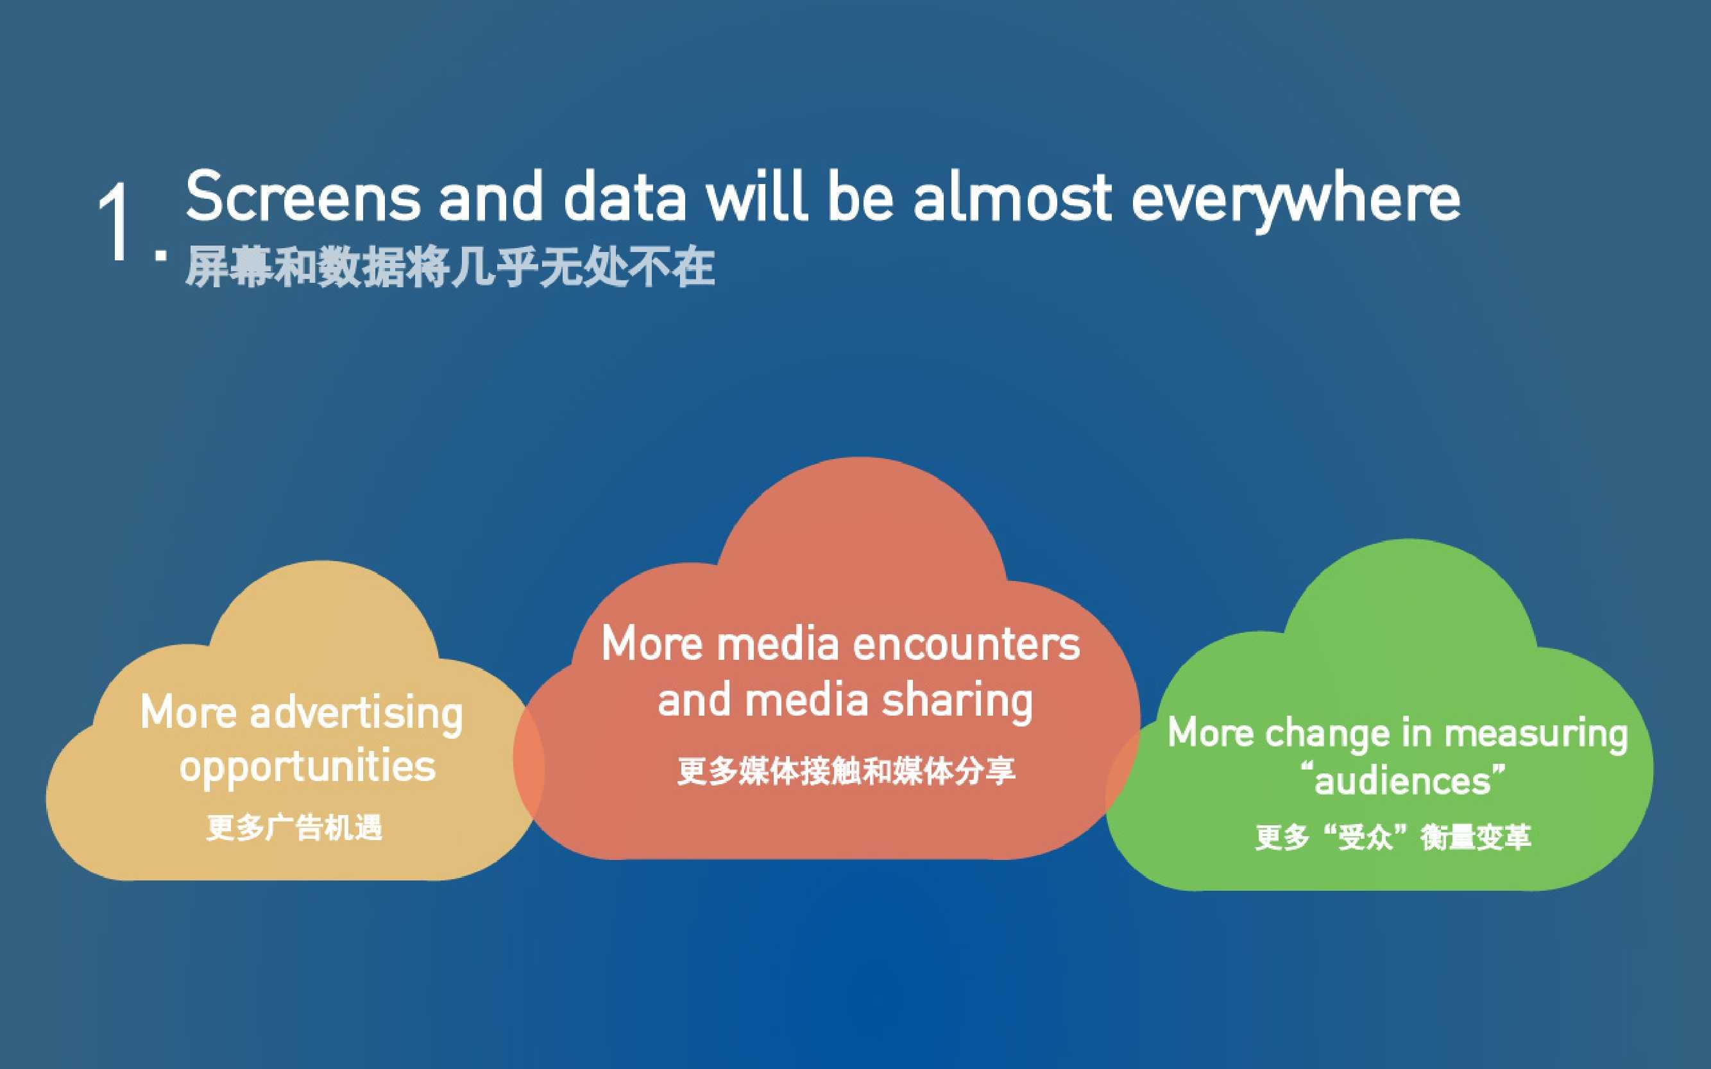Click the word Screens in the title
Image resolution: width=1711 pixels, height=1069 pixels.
pyautogui.click(x=303, y=196)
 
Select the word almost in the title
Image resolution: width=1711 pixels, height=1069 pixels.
pyautogui.click(x=1013, y=196)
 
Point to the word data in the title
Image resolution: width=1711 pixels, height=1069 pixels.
pyautogui.click(x=625, y=196)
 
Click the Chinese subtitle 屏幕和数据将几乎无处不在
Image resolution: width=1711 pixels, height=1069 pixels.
pyautogui.click(x=450, y=267)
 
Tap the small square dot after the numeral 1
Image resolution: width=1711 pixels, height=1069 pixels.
pyautogui.click(x=161, y=255)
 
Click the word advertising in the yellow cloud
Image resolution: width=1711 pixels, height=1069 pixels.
pyautogui.click(x=357, y=715)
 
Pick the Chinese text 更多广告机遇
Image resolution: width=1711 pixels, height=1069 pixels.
pyautogui.click(x=294, y=827)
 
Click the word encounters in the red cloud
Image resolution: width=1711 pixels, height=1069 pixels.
pyautogui.click(x=966, y=644)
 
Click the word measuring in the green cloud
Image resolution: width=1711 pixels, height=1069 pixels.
pyautogui.click(x=1536, y=734)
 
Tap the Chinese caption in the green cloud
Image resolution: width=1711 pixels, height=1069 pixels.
pyautogui.click(x=1393, y=837)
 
